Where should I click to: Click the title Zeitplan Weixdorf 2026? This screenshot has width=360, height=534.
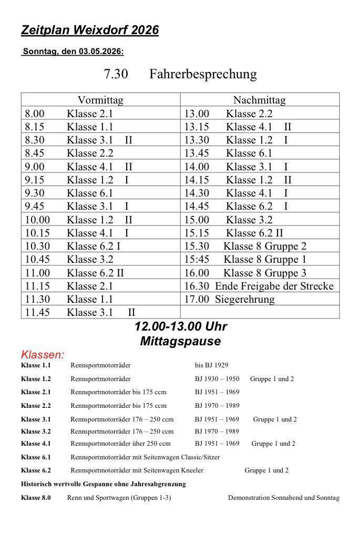pyautogui.click(x=89, y=30)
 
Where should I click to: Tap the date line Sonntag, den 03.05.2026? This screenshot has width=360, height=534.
pyautogui.click(x=73, y=52)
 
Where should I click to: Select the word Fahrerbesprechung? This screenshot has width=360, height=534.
pyautogui.click(x=203, y=74)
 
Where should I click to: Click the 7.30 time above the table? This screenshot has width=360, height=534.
pyautogui.click(x=116, y=74)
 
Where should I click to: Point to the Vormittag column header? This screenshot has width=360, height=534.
pyautogui.click(x=100, y=100)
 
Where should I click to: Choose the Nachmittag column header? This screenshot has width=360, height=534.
pyautogui.click(x=259, y=100)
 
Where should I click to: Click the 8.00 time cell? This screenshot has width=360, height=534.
pyautogui.click(x=35, y=114)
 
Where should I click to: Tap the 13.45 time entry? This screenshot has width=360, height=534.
pyautogui.click(x=197, y=153)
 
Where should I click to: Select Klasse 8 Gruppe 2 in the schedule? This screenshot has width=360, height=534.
pyautogui.click(x=265, y=246)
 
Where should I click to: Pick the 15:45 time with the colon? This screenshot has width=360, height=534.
pyautogui.click(x=197, y=259)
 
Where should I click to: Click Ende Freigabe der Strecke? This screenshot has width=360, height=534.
pyautogui.click(x=274, y=286)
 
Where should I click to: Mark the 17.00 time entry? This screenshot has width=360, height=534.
pyautogui.click(x=197, y=299)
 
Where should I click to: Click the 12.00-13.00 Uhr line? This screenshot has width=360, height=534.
pyautogui.click(x=180, y=326)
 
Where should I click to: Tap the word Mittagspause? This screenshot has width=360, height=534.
pyautogui.click(x=180, y=341)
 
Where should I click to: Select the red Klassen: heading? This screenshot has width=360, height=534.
pyautogui.click(x=43, y=355)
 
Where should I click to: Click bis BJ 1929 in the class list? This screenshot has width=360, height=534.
pyautogui.click(x=211, y=365)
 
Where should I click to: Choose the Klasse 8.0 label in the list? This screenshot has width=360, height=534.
pyautogui.click(x=36, y=498)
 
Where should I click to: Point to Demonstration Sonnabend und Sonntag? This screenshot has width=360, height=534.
pyautogui.click(x=283, y=498)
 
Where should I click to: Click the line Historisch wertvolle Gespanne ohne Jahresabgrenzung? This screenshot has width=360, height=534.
pyautogui.click(x=103, y=484)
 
